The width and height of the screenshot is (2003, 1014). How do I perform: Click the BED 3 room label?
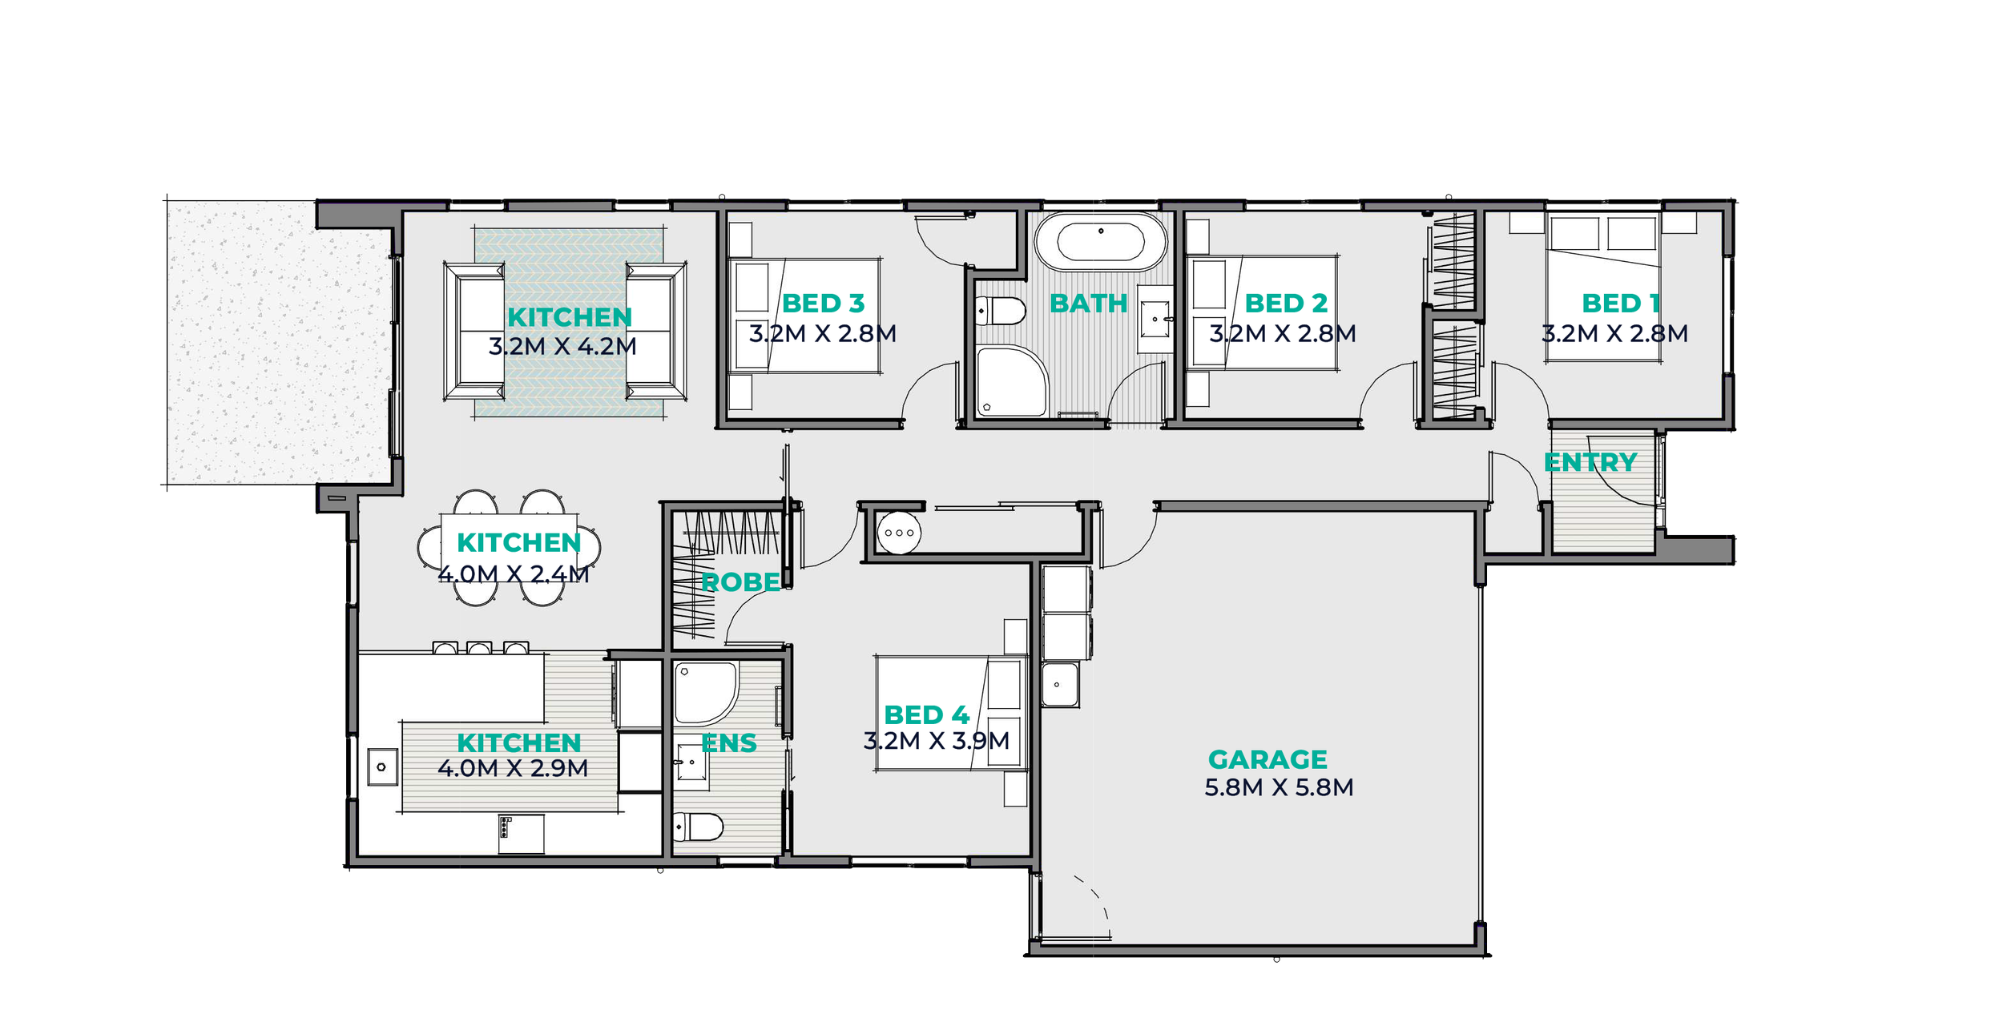pos(823,304)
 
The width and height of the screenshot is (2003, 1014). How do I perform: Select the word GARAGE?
pos(1267,759)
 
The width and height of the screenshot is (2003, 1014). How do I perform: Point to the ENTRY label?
pos(1590,463)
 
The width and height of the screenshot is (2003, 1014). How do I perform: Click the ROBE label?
pos(740,582)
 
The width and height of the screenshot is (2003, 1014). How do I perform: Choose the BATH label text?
pos(1089,304)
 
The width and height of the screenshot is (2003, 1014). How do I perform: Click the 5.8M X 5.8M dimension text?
pos(1279,788)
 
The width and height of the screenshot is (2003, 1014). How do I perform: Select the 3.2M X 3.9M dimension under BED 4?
pos(936,741)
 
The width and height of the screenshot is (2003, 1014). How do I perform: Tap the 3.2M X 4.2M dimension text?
pos(562,347)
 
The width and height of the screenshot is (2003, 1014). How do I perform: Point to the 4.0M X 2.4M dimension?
pos(513,574)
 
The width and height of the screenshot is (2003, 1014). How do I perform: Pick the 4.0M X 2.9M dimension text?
pos(513,769)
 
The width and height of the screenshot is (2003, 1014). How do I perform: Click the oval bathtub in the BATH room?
pos(1101,242)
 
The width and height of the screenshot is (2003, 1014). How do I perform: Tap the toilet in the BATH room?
pos(1000,311)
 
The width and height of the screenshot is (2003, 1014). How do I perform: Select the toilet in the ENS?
pos(698,827)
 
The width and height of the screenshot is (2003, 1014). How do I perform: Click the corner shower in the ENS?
pos(705,694)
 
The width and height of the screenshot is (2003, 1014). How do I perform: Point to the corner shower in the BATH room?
pos(1011,382)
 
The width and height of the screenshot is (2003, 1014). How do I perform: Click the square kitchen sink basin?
pos(382,767)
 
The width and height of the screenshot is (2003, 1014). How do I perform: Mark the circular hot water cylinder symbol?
pos(899,533)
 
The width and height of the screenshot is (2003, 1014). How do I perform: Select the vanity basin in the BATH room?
pos(1155,319)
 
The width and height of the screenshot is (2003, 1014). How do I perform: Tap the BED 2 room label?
pos(1286,304)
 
